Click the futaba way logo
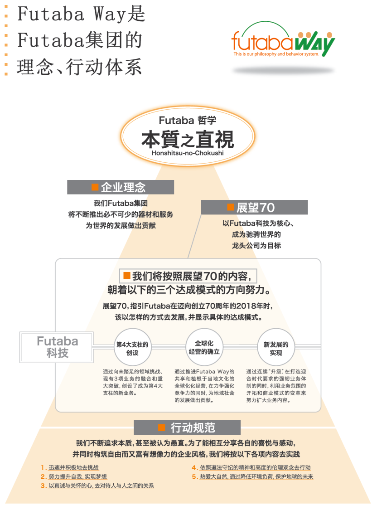pos(283,42)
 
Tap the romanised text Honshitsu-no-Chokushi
pos(188,153)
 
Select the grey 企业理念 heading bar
pos(121,187)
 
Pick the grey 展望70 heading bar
pos(254,208)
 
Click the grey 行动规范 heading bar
pos(187,427)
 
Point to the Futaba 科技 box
pos(58,347)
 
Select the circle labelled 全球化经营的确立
pos(204,347)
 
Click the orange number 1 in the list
pos(43,467)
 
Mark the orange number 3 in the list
pos(43,486)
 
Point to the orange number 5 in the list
pos(194,476)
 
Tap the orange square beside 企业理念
pos(95,187)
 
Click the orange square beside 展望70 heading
pos(230,208)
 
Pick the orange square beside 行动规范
pos(161,427)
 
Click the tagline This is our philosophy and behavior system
pos(276,54)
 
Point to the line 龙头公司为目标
pos(254,245)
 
